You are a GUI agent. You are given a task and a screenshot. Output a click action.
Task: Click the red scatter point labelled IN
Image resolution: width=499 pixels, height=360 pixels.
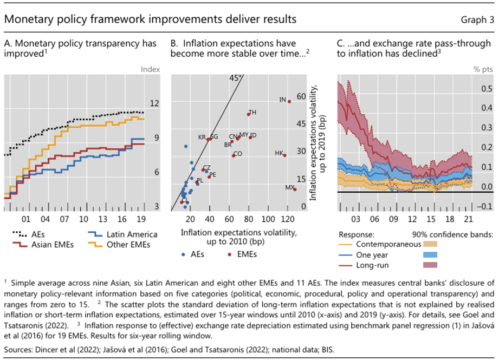289,101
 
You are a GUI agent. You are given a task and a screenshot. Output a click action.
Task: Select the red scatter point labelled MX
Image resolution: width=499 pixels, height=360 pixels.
295,189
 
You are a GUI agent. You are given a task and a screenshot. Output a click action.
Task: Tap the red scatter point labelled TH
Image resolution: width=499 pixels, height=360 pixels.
249,114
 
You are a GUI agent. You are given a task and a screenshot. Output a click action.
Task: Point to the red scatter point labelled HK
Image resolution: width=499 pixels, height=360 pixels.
285,155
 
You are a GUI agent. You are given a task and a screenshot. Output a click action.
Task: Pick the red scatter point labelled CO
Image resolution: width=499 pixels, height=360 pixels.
234,155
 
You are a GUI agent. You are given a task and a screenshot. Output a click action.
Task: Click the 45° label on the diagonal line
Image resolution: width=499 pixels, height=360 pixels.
235,78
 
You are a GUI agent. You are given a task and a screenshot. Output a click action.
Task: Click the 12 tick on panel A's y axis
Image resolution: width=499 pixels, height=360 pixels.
153,103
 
